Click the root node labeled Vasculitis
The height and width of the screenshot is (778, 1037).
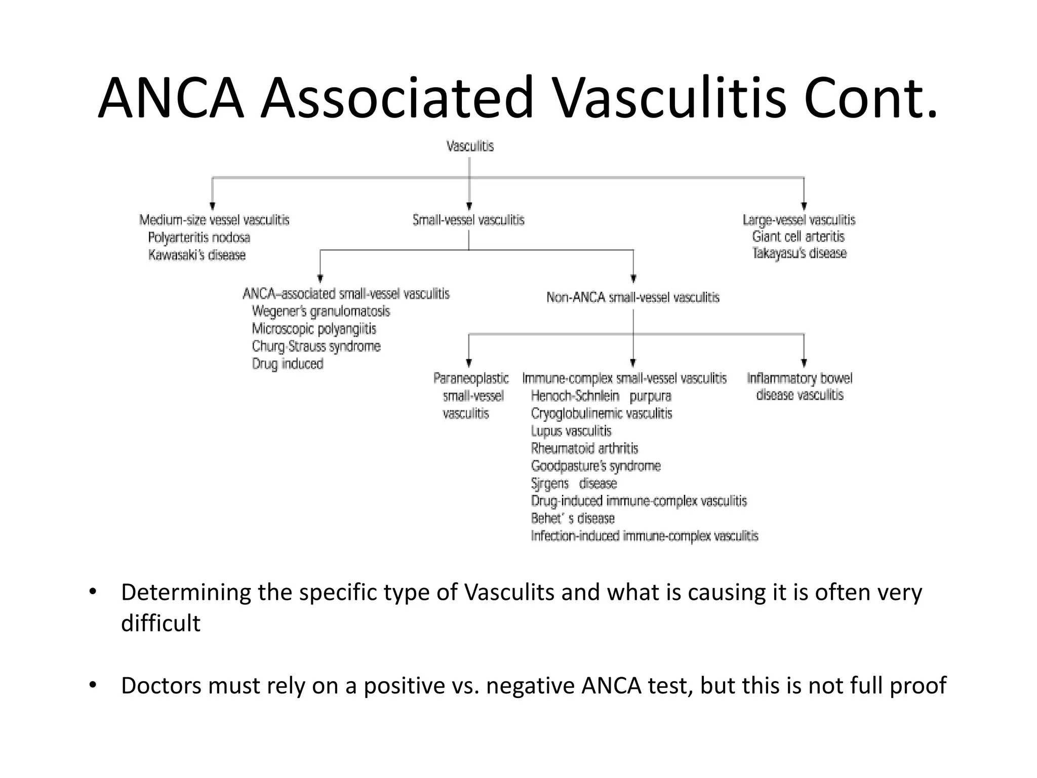470,146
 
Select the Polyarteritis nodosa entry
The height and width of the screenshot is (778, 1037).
199,238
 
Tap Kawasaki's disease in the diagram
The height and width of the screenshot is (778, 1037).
197,255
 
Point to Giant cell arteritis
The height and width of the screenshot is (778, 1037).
799,237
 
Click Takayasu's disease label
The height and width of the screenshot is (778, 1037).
800,253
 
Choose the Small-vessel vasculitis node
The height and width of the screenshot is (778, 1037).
468,220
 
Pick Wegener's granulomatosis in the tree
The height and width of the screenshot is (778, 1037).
321,311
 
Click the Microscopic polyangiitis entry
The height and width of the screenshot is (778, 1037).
314,329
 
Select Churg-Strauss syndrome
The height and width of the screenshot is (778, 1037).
316,346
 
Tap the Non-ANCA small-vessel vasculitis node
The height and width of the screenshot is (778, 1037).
633,297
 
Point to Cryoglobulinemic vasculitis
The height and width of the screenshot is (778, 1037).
602,414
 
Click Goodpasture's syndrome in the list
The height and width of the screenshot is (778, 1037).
596,466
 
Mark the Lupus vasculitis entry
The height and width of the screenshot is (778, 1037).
571,431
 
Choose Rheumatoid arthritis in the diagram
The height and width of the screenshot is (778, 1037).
584,449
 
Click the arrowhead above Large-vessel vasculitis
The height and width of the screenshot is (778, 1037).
804,206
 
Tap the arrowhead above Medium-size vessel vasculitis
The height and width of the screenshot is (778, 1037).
213,206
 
